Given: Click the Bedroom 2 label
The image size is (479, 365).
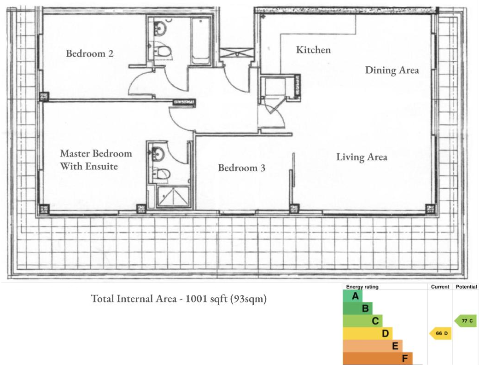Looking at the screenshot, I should tap(89, 53).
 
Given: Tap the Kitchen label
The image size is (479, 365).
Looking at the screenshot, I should tap(313, 50).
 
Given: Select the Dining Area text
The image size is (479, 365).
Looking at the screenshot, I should tap(392, 70).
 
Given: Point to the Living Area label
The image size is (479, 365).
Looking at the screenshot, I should tap(362, 157).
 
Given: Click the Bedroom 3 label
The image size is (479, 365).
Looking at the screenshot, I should tap(241, 168).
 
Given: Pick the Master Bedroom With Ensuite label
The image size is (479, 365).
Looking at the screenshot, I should tap(96, 160).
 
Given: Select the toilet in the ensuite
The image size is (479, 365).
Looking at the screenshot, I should tap(161, 174).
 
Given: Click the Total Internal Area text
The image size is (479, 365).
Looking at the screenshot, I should tap(179, 299).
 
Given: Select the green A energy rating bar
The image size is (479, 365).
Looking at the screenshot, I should tap(353, 296).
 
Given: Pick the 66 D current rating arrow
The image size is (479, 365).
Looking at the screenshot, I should tap(440, 333).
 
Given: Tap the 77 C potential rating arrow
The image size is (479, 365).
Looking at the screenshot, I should tap(466, 321).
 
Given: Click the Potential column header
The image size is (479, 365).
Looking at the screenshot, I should tap(466, 287).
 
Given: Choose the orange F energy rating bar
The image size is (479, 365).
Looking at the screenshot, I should tap(377, 358).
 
